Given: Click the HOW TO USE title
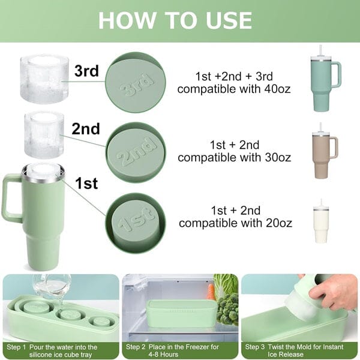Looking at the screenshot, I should point(175,20).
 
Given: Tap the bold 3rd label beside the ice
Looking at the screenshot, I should point(86,71).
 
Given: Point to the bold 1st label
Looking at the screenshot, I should point(86,183).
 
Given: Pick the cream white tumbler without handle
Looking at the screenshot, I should point(322,223).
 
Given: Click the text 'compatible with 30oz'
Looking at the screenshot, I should point(234,158).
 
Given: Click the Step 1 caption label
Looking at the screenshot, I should point(60,350).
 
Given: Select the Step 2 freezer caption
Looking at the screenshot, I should point(179,350).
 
